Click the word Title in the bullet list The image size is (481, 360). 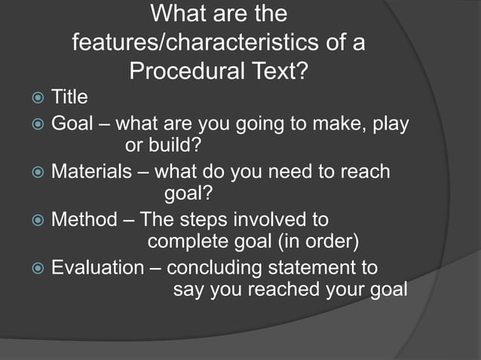tap(69, 97)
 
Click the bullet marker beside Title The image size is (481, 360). tap(32, 98)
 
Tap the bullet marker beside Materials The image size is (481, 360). tap(32, 172)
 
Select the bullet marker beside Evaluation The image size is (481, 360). tap(32, 268)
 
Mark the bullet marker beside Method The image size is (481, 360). tap(32, 220)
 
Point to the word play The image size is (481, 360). tap(391, 123)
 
